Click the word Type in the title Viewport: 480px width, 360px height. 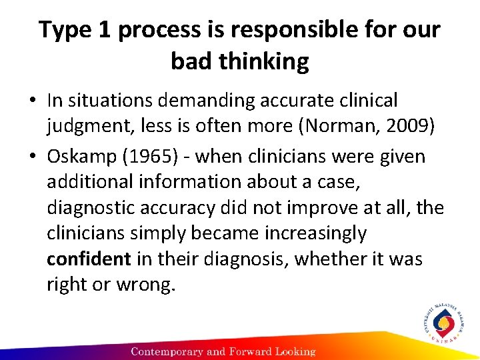pyautogui.click(x=64, y=31)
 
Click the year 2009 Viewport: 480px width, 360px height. pyautogui.click(x=407, y=125)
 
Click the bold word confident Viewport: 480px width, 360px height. pyautogui.click(x=89, y=259)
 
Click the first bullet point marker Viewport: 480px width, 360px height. pyautogui.click(x=33, y=101)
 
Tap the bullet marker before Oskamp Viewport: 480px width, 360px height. pyautogui.click(x=33, y=157)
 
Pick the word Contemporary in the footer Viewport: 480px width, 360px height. pyautogui.click(x=171, y=351)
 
